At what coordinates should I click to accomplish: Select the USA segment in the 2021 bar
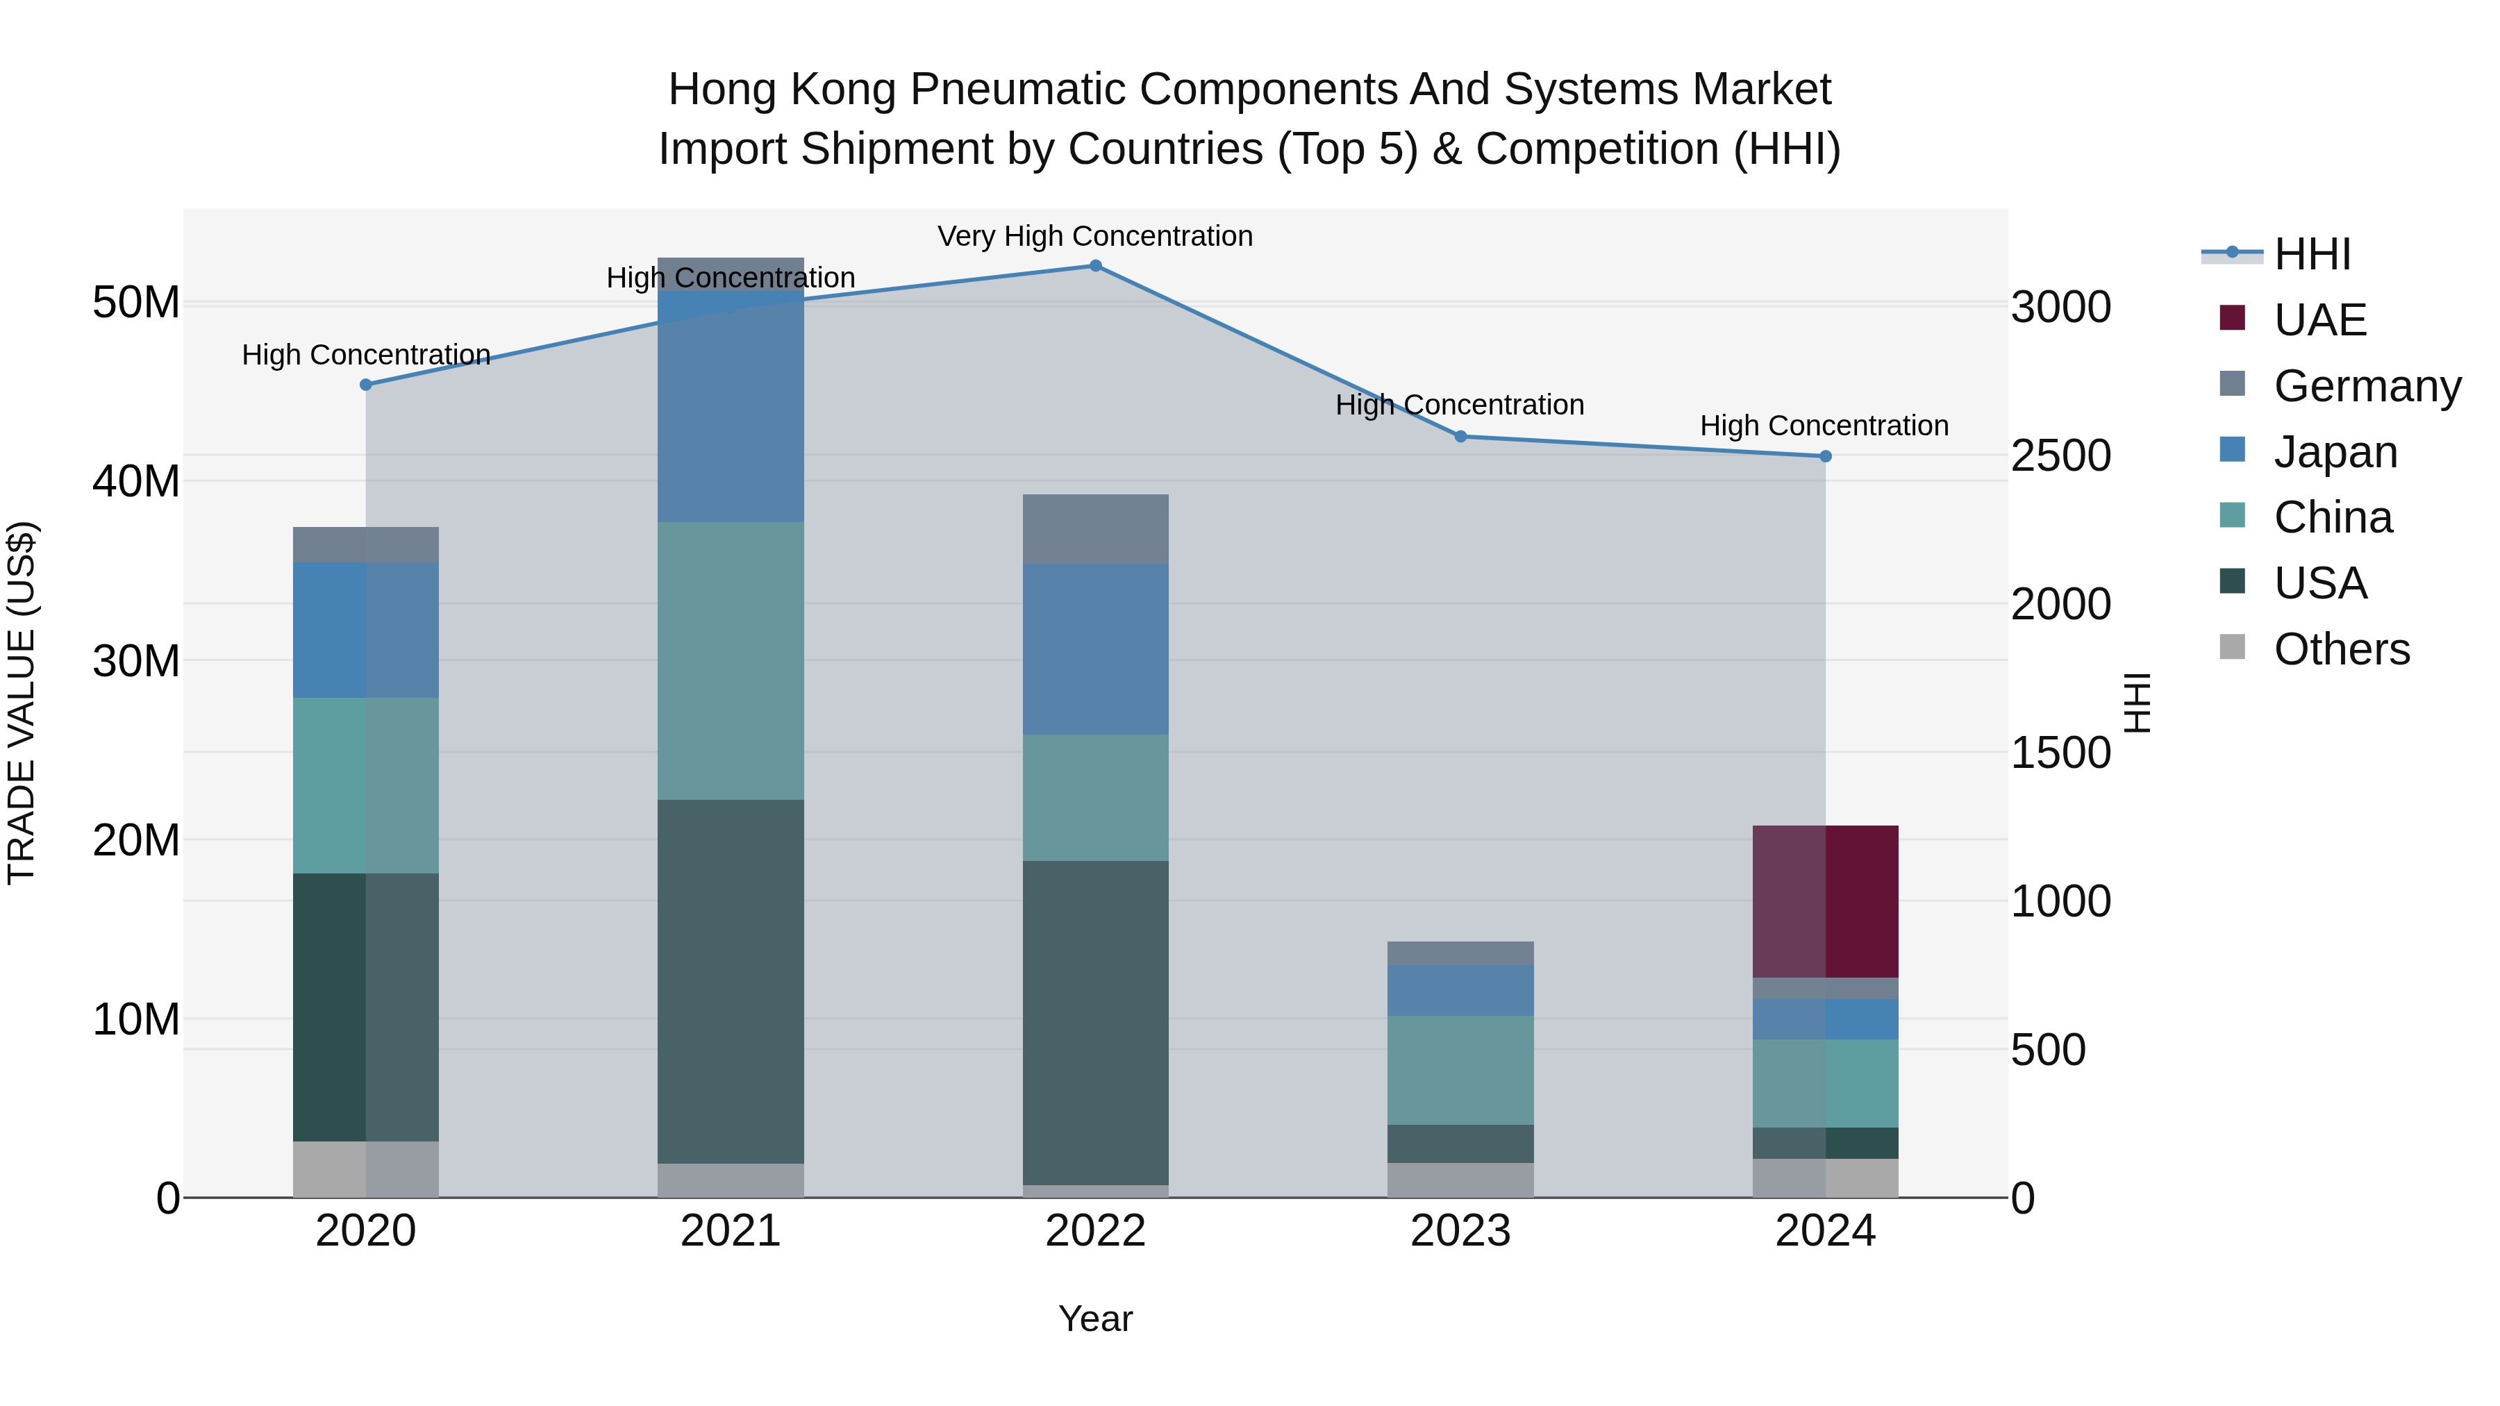[x=730, y=980]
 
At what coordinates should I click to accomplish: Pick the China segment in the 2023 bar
[x=1460, y=1069]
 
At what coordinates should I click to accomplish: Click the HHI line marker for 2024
[x=1824, y=456]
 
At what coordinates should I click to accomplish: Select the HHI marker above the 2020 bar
[x=366, y=384]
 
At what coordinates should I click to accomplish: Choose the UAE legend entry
[x=2319, y=320]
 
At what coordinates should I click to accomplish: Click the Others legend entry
[x=2341, y=649]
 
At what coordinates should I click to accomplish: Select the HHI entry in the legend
[x=2312, y=254]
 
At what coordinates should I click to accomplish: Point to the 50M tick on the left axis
[x=136, y=303]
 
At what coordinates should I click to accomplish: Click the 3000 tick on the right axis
[x=2060, y=308]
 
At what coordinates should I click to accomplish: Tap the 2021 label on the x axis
[x=730, y=1231]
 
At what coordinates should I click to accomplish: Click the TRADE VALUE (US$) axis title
[x=22, y=703]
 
